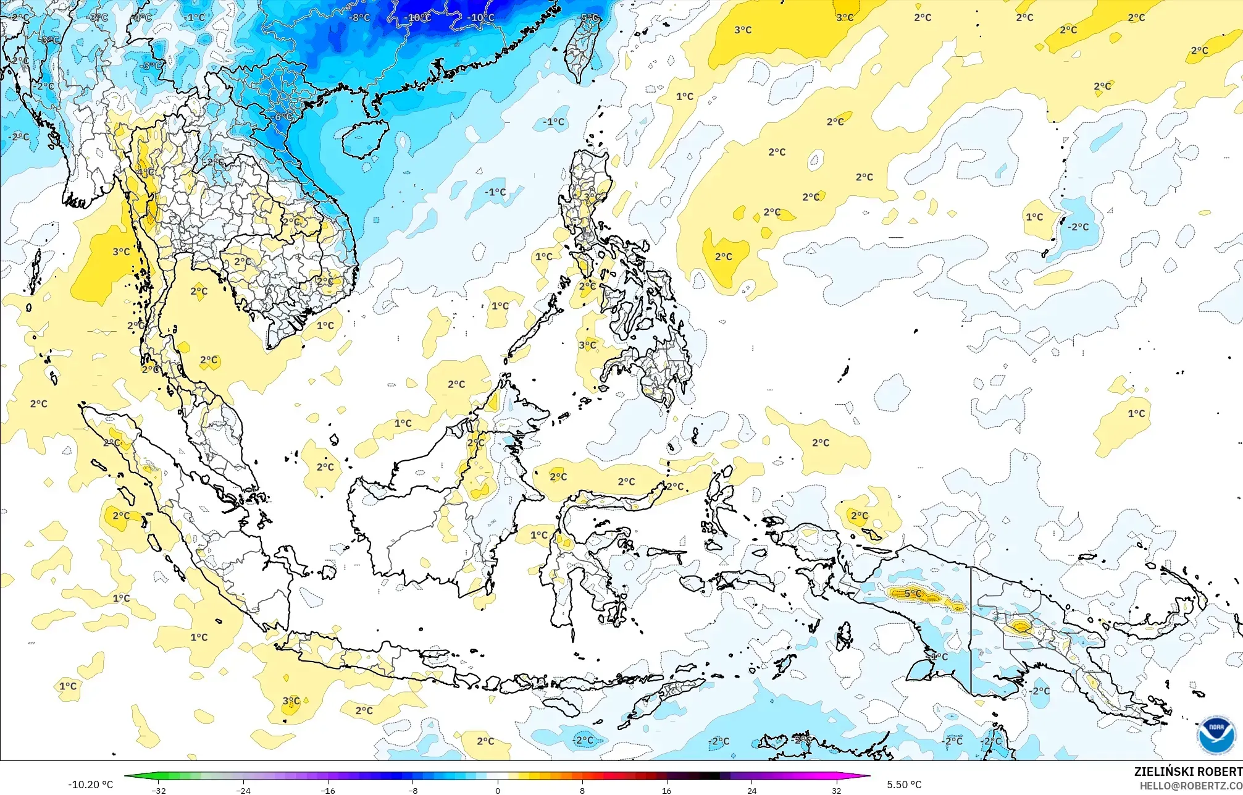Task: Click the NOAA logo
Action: [1216, 735]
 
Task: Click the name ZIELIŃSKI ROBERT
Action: [1187, 772]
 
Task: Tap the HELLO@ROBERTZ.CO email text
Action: [1191, 786]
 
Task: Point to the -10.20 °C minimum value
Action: [90, 784]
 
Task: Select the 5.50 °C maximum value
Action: [904, 784]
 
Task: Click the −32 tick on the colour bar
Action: [159, 790]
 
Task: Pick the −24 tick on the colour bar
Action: [243, 790]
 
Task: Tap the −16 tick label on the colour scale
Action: [328, 790]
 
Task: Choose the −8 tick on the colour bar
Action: [412, 790]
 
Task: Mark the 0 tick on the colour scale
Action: [498, 790]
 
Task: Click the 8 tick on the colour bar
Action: [582, 790]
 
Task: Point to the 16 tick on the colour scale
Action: [667, 790]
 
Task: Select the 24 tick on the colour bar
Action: [751, 790]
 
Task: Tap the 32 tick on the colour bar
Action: [836, 790]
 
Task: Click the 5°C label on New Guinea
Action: [913, 594]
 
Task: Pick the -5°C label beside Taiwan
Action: [589, 18]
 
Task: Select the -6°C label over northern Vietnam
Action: [283, 117]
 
